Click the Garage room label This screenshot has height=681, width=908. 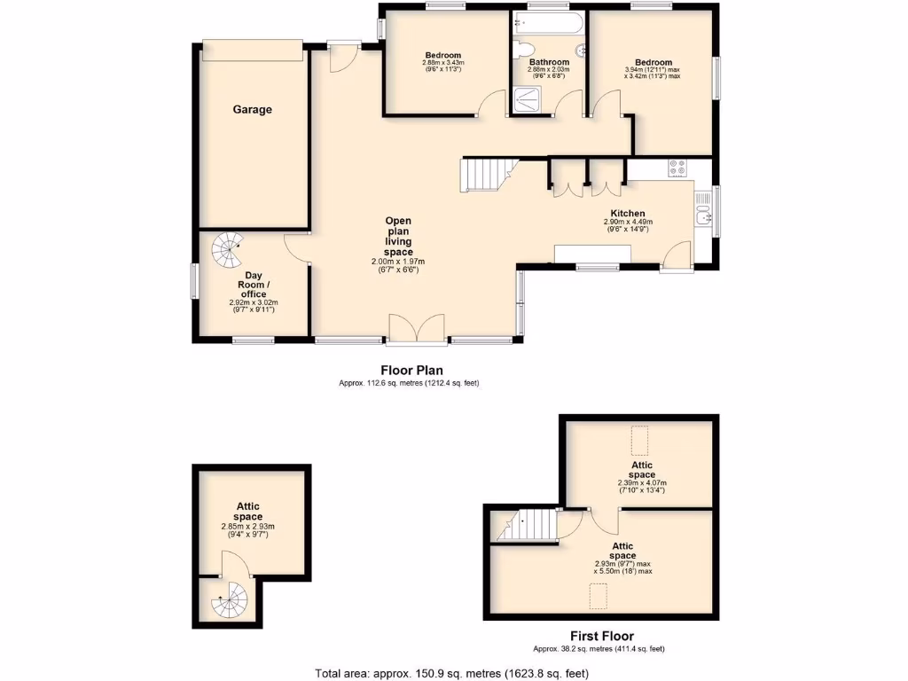252,110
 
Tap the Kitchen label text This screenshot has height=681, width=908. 628,213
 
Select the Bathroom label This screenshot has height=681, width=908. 549,63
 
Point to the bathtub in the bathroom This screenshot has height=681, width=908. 548,25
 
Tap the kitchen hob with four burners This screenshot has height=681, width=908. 677,167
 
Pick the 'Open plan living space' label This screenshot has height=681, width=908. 398,237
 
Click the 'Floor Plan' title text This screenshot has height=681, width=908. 411,371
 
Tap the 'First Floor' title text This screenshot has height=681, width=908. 601,636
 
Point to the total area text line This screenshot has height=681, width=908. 451,673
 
